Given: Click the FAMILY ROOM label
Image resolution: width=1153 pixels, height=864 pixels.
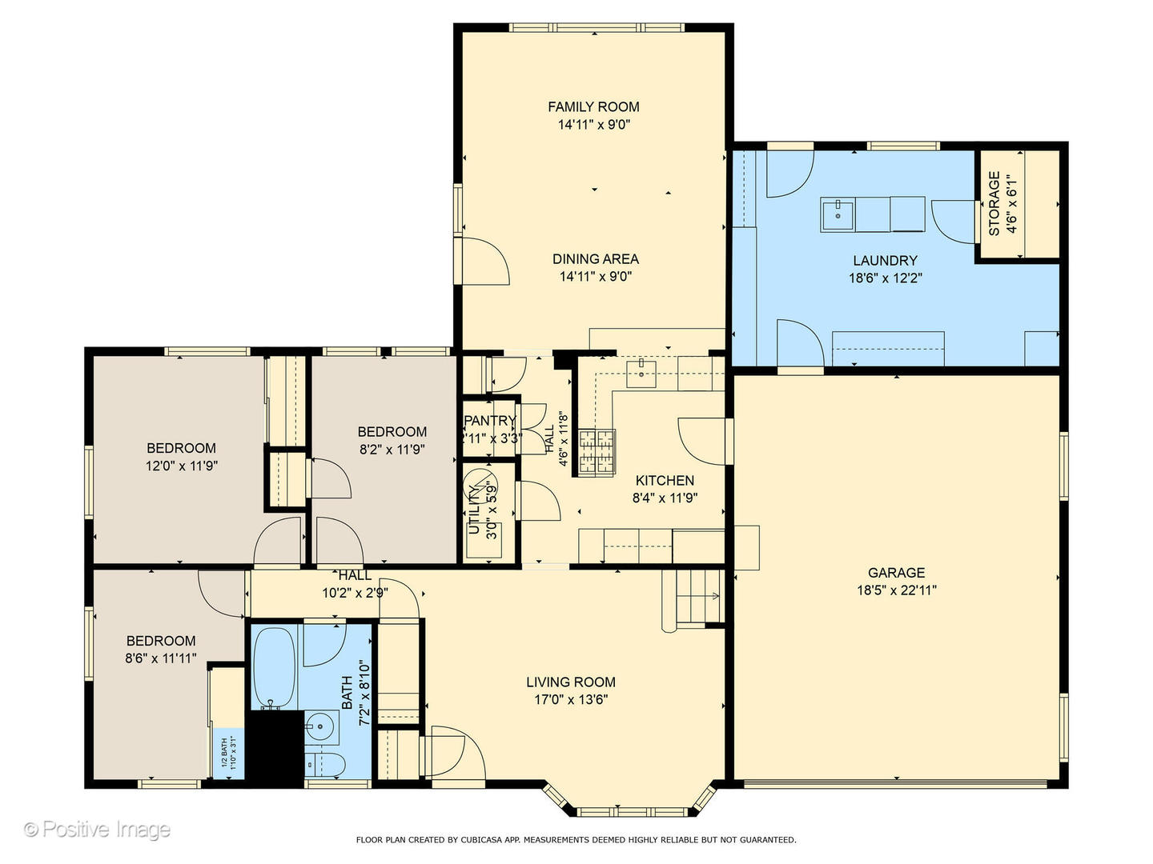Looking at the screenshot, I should click(x=593, y=106).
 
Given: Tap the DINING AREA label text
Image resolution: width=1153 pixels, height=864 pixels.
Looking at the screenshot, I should click(x=595, y=258).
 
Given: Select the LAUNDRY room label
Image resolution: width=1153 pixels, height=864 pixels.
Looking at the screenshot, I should click(x=885, y=260).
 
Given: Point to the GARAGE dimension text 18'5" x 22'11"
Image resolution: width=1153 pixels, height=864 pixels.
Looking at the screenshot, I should click(x=896, y=590).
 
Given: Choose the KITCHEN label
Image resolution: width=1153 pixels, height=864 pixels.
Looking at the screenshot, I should click(x=665, y=480).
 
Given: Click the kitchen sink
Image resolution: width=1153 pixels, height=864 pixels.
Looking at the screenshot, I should click(x=641, y=374).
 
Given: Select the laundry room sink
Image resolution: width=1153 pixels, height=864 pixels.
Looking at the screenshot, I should click(x=838, y=215).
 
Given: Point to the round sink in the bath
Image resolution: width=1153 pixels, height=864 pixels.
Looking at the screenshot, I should click(x=321, y=728).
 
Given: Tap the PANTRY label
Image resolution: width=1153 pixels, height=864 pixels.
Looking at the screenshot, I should click(x=489, y=421).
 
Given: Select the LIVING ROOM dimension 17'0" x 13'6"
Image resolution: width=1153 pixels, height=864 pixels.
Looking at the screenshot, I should click(x=570, y=699).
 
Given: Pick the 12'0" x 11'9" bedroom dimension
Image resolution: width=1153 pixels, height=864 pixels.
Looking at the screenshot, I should click(x=181, y=466).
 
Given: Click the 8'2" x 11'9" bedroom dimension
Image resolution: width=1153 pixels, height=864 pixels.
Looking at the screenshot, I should click(x=392, y=450).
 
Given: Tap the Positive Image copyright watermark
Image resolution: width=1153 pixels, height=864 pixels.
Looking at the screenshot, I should click(x=97, y=829).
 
